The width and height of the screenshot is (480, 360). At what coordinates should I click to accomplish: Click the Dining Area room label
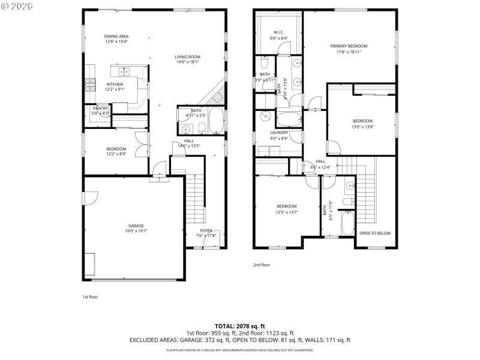116,36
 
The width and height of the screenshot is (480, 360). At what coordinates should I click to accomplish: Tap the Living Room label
187,57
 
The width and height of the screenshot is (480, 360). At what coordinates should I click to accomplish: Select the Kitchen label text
115,84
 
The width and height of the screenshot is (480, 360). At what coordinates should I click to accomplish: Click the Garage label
135,226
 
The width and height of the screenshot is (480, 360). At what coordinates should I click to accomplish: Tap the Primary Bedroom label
349,46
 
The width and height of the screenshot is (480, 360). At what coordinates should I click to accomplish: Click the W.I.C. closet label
278,32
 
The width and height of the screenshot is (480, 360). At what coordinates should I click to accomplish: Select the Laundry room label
279,133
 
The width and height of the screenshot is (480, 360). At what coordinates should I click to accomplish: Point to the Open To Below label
375,233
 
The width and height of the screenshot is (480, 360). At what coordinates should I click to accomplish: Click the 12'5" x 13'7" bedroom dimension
287,212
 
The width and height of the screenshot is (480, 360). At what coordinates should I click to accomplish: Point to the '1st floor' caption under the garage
90,296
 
